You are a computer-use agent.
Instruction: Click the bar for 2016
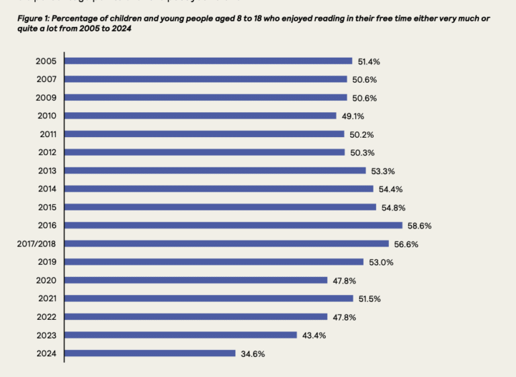[x=233, y=225]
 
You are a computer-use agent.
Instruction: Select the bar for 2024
[x=150, y=353]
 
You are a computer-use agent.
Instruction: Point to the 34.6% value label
[x=252, y=353]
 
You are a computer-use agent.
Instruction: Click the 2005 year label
[x=46, y=61]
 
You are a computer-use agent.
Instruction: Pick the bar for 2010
[x=200, y=116]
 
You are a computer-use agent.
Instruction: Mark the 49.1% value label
[x=353, y=116]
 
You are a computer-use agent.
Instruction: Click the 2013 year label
[x=46, y=171]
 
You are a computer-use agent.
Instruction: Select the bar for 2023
[x=181, y=335]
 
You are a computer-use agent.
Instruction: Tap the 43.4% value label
[x=313, y=335]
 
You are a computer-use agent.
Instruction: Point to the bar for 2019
[x=214, y=261]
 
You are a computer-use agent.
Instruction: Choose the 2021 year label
[x=46, y=298]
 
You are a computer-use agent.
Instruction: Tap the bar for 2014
[x=219, y=189]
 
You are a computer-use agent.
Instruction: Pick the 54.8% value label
[x=393, y=208]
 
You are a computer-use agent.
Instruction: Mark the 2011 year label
[x=48, y=134]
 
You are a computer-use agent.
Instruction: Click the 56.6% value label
[x=405, y=244]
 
